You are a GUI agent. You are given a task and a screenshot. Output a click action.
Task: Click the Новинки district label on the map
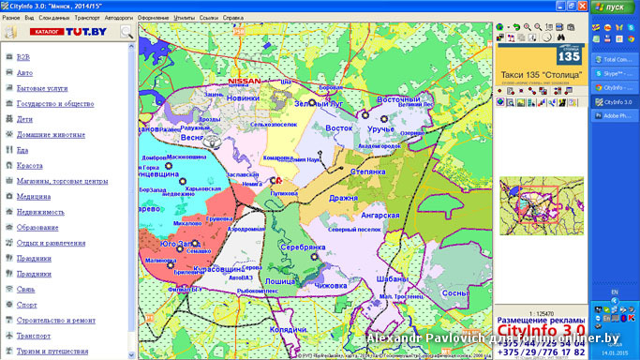(243, 97)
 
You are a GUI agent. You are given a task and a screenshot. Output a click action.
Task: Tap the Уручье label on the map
(380, 127)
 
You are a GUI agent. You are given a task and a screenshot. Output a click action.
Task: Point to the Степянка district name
(367, 172)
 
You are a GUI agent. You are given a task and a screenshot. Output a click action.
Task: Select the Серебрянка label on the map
(302, 247)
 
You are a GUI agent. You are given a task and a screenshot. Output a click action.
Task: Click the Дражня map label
(343, 199)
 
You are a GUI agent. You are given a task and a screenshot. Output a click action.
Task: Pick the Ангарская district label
(380, 216)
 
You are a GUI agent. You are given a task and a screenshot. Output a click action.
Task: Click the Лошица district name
(279, 281)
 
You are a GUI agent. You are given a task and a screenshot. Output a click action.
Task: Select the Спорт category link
(26, 305)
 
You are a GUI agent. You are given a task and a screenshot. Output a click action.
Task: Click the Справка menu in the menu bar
(233, 18)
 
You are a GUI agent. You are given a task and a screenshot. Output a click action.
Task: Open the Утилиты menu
(185, 18)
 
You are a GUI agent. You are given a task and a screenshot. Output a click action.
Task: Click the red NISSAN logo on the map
(246, 81)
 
